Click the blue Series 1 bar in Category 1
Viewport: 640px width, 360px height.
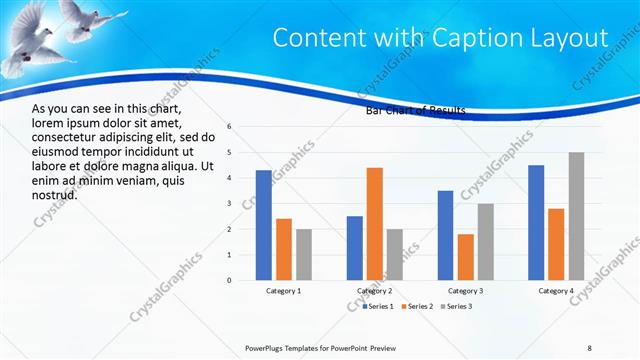click(x=263, y=225)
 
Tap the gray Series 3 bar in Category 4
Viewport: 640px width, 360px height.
click(x=576, y=216)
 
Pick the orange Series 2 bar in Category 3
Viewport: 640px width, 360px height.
click(x=466, y=257)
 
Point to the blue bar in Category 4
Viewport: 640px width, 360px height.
click(x=536, y=222)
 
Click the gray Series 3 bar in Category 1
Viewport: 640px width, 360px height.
click(x=304, y=254)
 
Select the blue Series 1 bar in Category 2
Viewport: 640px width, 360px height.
click(x=355, y=248)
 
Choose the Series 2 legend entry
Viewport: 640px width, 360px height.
click(x=417, y=305)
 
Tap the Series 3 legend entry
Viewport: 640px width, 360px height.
click(x=456, y=305)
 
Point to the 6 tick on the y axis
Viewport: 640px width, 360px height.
click(x=229, y=127)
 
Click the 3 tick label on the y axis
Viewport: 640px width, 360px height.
click(x=229, y=204)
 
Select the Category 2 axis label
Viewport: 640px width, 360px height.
click(x=375, y=291)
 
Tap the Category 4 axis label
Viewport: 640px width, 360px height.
click(x=556, y=291)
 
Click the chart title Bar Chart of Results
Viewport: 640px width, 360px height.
click(x=416, y=111)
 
